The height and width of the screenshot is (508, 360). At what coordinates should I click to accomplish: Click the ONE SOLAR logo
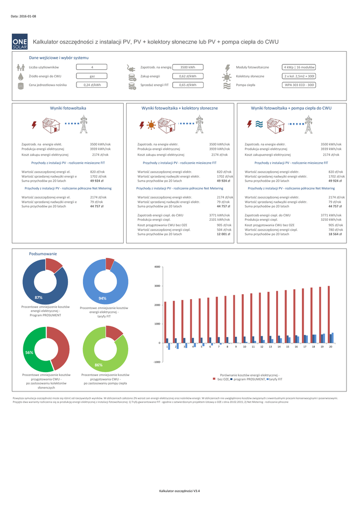coord(20,42)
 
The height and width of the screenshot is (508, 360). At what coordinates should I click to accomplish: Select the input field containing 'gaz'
coord(92,76)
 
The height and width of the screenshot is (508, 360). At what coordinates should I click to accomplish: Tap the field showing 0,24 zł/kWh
coord(92,85)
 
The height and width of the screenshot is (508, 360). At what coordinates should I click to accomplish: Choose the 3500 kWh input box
coord(188,67)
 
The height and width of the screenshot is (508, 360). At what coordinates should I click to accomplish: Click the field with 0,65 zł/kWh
coord(188,85)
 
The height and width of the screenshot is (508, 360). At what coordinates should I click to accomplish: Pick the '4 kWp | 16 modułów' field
coord(299,67)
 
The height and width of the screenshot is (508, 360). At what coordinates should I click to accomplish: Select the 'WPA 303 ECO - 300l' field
coord(299,85)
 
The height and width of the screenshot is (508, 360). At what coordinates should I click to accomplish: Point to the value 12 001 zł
coord(224,234)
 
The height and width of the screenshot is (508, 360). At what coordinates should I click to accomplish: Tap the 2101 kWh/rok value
coord(220,219)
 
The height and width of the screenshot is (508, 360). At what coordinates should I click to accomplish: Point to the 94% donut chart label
coord(103,298)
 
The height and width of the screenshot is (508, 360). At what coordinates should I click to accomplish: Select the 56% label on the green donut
coord(29,352)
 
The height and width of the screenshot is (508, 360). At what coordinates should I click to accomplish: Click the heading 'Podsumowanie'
coord(43,254)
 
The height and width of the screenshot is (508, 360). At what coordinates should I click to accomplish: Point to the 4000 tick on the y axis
coord(157,267)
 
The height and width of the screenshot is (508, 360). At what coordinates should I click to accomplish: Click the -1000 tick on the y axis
coord(156,362)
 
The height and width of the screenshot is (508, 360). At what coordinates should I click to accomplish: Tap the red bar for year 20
coord(329,314)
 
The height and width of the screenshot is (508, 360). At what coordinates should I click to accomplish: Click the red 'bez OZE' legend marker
coord(215,379)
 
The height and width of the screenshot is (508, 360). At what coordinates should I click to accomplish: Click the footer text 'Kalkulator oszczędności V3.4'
coord(179,491)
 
